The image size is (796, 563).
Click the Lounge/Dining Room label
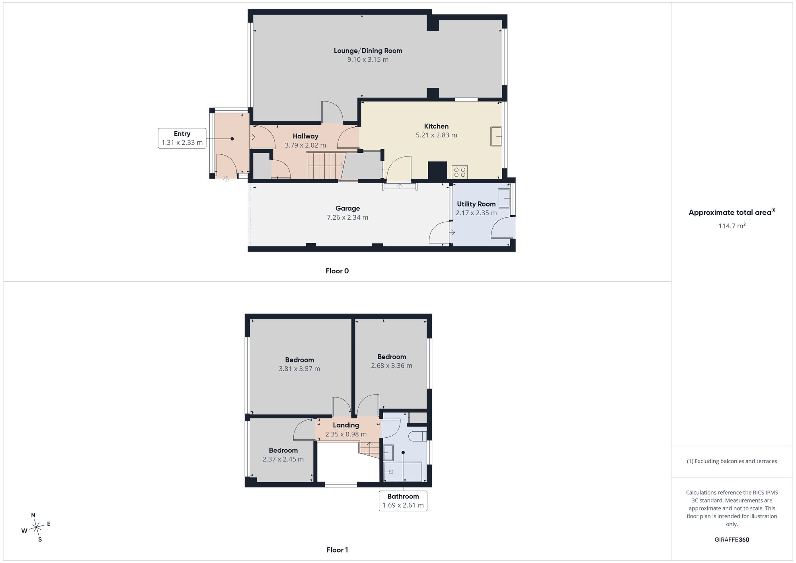(368, 51)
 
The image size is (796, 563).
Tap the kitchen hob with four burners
(460, 172)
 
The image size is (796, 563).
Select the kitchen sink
(496, 136)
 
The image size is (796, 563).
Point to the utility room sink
(504, 198)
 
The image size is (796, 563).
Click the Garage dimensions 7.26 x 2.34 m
(347, 217)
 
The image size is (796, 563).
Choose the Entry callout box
(182, 138)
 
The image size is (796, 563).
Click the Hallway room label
(305, 136)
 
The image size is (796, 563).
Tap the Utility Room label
(476, 204)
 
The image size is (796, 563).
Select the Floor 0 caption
(337, 271)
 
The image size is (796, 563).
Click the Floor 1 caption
(337, 550)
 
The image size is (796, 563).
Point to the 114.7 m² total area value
(732, 226)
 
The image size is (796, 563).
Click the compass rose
(36, 528)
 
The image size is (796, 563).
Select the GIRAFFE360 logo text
(732, 540)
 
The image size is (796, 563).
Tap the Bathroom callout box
(403, 501)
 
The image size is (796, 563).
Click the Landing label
(346, 425)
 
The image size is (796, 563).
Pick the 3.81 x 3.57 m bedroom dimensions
(299, 369)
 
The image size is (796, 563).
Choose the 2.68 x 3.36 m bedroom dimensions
(392, 366)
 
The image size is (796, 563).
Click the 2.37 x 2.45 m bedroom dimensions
(283, 459)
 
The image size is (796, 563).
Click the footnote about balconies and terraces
(732, 461)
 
